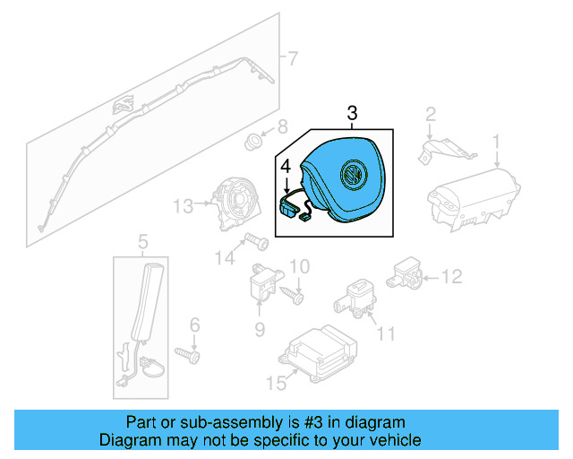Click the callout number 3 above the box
(x=352, y=113)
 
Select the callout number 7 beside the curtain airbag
(x=291, y=59)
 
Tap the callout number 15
(x=276, y=383)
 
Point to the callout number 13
(x=183, y=207)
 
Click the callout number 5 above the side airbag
(x=141, y=239)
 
